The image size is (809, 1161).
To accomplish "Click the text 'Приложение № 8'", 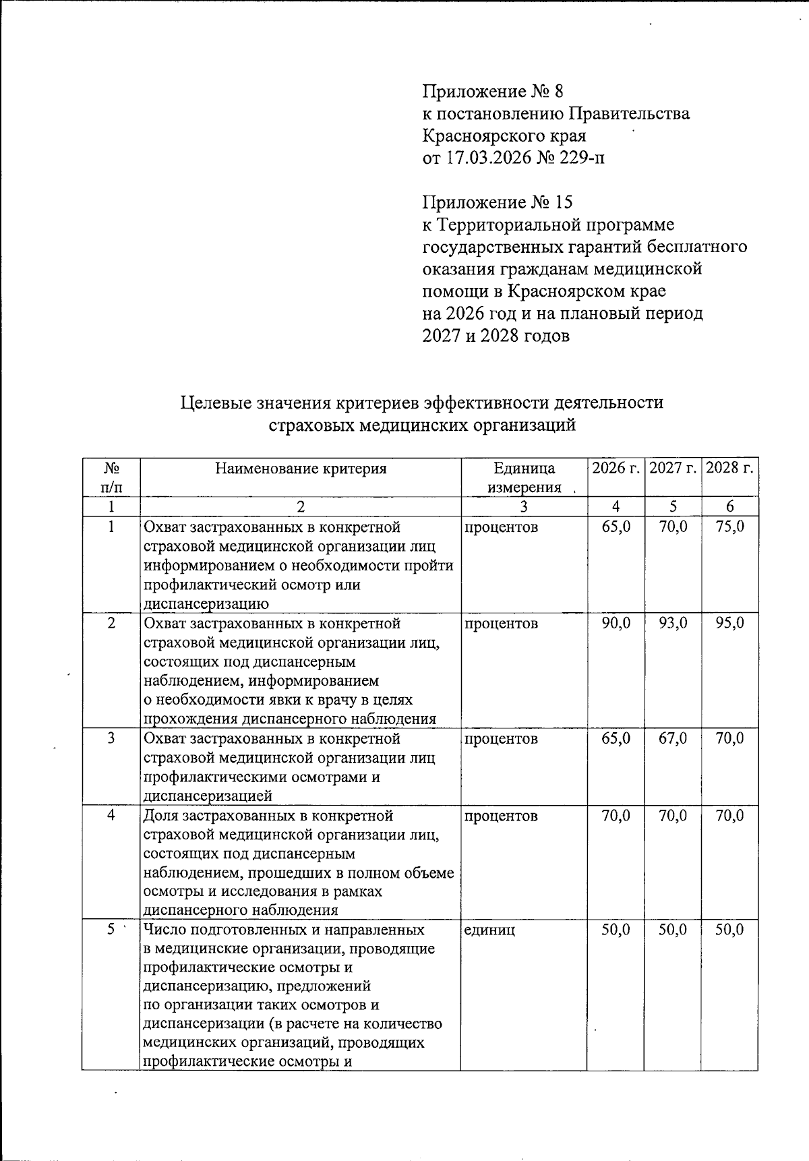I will click(x=492, y=91).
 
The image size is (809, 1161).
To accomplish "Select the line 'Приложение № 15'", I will click(x=497, y=202).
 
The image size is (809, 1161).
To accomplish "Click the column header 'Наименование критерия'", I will click(x=301, y=469).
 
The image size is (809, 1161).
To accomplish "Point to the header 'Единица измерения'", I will click(x=524, y=477).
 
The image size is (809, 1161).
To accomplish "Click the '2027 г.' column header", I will click(x=672, y=468).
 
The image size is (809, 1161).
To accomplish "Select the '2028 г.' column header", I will click(x=729, y=468).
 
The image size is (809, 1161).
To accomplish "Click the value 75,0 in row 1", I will click(x=729, y=527).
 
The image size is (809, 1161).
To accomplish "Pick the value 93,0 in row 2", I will click(x=673, y=624).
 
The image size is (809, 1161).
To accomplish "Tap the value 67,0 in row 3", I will click(x=673, y=739).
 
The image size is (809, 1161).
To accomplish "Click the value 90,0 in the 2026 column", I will click(x=616, y=624).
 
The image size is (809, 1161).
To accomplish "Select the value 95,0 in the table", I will click(x=729, y=624).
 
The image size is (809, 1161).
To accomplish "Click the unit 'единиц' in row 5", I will click(x=489, y=930).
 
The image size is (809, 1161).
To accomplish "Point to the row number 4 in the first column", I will click(x=111, y=816).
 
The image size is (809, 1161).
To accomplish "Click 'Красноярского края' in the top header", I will click(x=504, y=136).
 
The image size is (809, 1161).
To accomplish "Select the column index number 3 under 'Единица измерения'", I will click(x=524, y=507).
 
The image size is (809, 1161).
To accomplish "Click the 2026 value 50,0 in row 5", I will click(x=616, y=930).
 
